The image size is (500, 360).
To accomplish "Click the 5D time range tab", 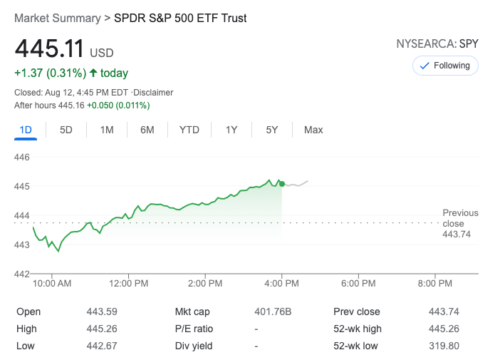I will [x=66, y=130].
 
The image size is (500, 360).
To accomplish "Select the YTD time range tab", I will [x=189, y=130].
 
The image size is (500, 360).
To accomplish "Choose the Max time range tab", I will [x=313, y=130].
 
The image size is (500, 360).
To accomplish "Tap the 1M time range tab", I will [x=107, y=130].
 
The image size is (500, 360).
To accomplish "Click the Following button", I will [x=446, y=66].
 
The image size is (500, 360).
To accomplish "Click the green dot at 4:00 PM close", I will [x=282, y=184].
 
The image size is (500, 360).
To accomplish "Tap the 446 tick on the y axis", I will [x=22, y=157].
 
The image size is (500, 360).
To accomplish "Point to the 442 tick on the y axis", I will [x=22, y=274].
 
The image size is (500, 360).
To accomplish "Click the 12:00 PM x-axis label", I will [x=130, y=284].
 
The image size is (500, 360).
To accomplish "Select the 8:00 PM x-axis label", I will [x=435, y=284].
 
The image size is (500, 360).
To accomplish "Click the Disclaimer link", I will [x=155, y=93].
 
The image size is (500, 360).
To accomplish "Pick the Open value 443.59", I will [x=103, y=312].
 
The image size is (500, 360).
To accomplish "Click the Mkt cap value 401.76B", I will [x=274, y=312].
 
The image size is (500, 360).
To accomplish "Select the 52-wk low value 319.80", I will [x=445, y=346].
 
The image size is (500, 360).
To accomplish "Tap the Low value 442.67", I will [x=103, y=346].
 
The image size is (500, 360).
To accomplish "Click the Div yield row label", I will [x=194, y=346].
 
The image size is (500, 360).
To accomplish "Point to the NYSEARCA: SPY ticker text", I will [x=437, y=44].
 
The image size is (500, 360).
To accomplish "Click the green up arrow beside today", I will [x=93, y=73].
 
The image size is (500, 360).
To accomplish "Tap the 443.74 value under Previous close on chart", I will [x=457, y=234].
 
